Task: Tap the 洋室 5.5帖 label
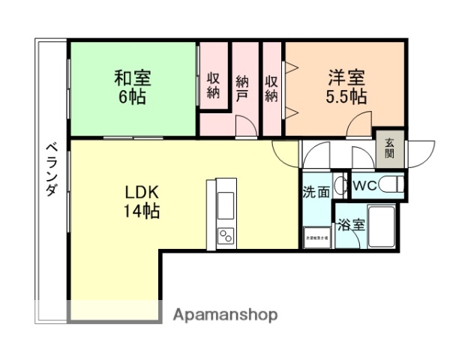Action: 345,86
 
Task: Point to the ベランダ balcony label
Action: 51,169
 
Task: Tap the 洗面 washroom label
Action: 316,192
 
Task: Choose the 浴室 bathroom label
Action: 350,223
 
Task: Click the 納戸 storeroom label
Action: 241,87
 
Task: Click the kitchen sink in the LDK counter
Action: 226,204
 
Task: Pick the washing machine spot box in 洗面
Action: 316,238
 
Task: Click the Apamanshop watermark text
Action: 225,315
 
